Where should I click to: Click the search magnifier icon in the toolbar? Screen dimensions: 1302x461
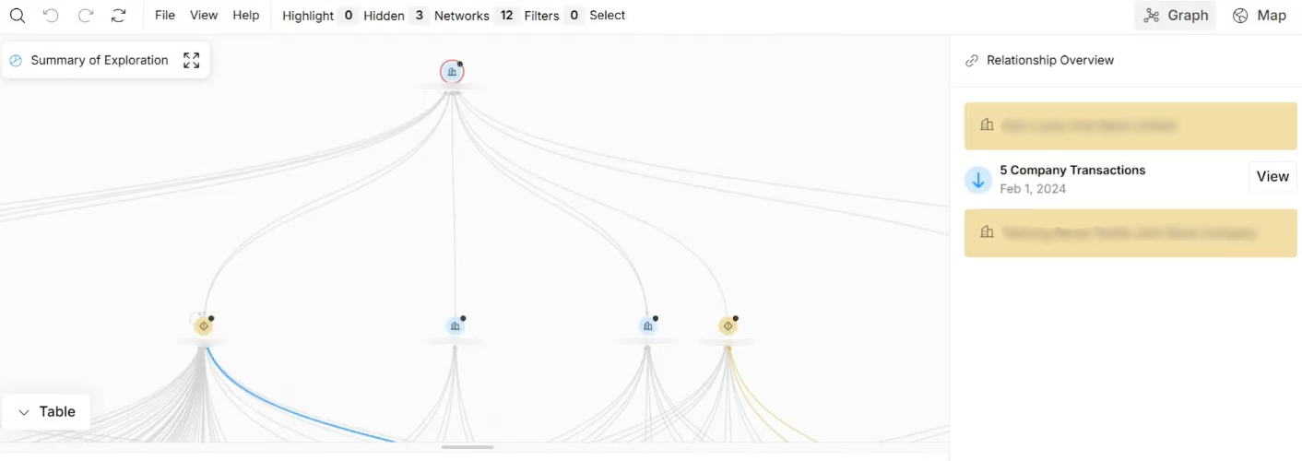[x=18, y=16]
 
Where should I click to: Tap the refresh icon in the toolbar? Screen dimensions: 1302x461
[x=118, y=16]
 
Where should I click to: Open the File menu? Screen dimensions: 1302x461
[x=165, y=16]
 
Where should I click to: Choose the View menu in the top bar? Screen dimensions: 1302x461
[x=204, y=16]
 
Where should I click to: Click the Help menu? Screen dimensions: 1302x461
[x=246, y=16]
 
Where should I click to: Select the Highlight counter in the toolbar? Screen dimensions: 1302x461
[x=319, y=16]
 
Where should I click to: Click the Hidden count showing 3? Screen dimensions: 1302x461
[x=395, y=16]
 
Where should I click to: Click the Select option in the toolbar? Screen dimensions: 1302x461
[x=608, y=16]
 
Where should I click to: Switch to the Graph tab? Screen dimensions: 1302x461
[x=1176, y=16]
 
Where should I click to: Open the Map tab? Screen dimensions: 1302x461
[x=1260, y=16]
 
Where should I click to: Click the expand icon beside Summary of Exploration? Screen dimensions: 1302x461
[x=191, y=61]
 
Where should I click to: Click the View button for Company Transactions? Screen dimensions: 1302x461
[x=1272, y=177]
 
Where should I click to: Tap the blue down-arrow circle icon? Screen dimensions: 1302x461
[x=978, y=180]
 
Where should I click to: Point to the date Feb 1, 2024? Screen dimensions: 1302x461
[x=1033, y=189]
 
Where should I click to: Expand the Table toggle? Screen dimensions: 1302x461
[x=47, y=412]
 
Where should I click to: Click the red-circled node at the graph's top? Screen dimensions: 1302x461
[x=452, y=72]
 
